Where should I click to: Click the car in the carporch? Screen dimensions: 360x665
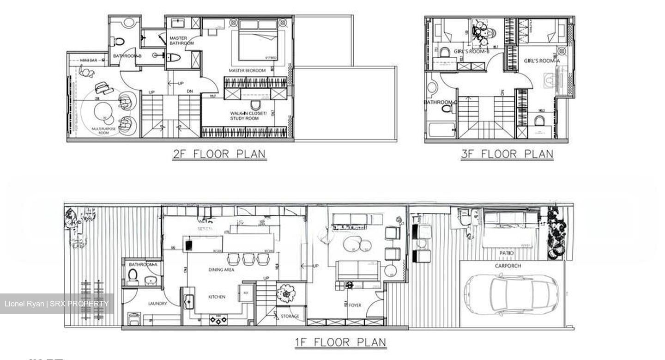[511, 294]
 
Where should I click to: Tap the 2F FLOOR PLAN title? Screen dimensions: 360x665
[219, 154]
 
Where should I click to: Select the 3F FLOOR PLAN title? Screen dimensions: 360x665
[507, 154]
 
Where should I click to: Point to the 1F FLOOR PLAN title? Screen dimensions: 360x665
[340, 342]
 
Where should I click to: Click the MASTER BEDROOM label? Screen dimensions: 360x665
[247, 71]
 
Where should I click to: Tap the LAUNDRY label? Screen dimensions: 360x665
[157, 304]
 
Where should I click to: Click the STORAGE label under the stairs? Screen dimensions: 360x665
[290, 316]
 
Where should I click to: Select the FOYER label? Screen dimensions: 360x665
[355, 305]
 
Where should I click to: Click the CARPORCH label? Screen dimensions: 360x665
[508, 266]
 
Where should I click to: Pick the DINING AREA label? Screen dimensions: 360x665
[221, 269]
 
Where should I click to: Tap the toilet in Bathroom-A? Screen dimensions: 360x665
[133, 276]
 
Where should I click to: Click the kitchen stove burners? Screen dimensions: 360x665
[218, 319]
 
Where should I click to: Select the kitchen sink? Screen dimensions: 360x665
[188, 302]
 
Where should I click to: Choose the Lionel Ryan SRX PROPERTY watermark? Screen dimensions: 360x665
[57, 304]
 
